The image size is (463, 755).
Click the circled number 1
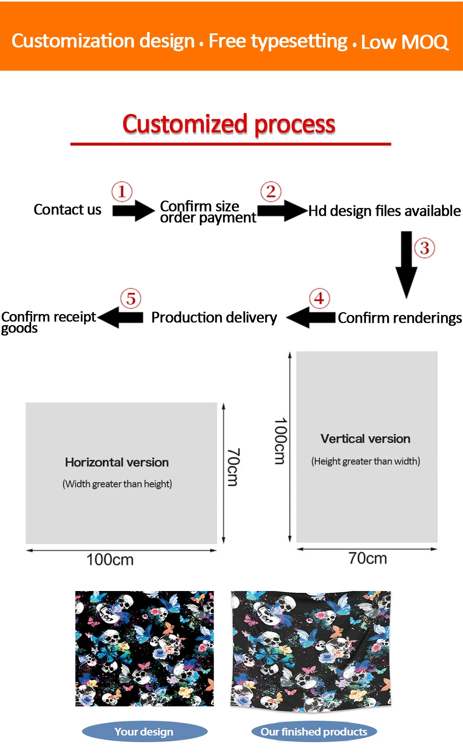pos(122,191)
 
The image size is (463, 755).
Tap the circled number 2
pos(271,191)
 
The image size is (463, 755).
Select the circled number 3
pos(425,248)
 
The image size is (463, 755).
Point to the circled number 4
pos(319,298)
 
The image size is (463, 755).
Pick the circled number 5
pos(131,299)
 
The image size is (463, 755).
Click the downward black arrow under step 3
pos(406,264)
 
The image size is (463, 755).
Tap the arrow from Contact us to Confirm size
pos(133,211)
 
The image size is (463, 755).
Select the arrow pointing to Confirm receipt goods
pos(120,318)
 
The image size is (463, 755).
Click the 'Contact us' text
pos(68,210)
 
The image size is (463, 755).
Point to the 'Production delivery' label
pos(214,318)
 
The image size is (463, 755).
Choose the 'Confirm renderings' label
pos(400,318)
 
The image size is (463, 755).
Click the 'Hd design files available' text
pos(384,211)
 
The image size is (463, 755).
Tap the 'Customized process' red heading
pos(229,124)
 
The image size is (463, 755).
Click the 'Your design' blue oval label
pos(144,732)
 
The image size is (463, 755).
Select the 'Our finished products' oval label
pos(314,732)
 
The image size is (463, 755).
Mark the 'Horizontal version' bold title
pos(117,462)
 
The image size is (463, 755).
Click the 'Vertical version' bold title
pos(365,439)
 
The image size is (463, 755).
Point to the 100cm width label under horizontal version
pos(110,560)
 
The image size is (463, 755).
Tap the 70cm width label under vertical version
pos(368,558)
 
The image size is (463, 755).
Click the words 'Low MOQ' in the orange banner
pos(405,42)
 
